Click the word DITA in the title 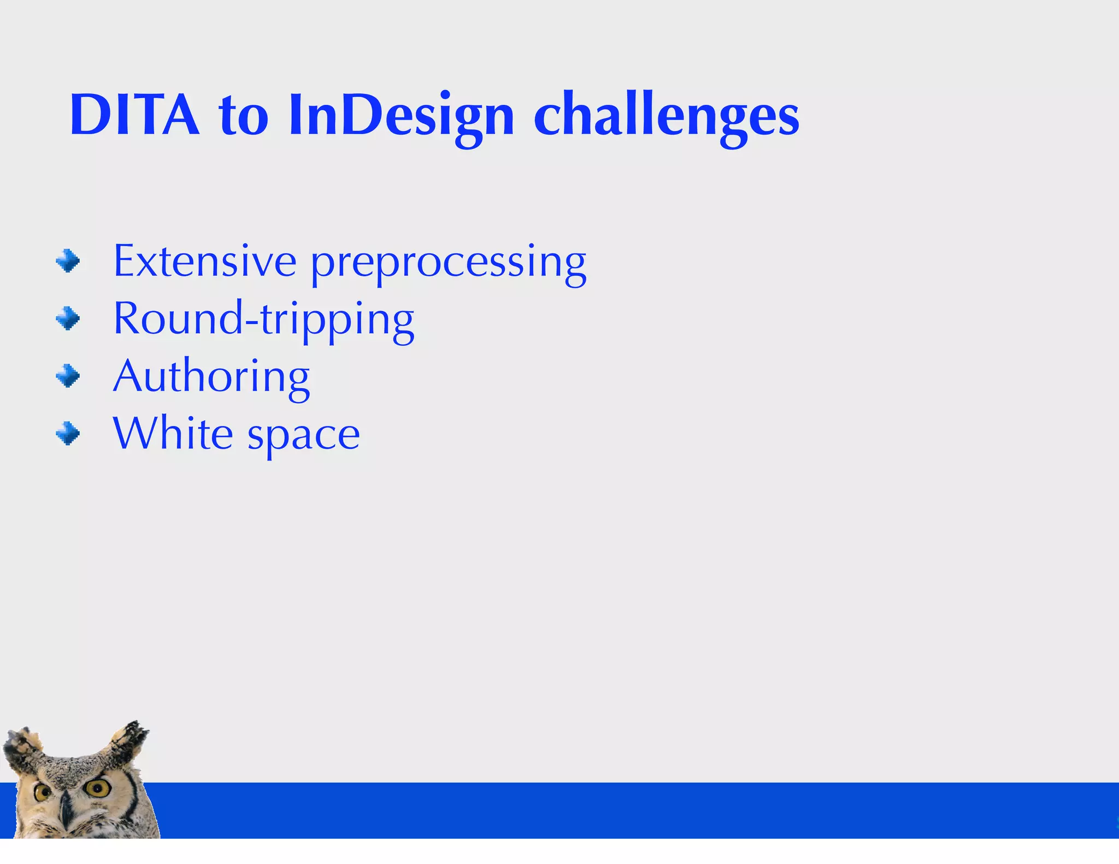point(134,115)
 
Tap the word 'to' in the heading point(244,116)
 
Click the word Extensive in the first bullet point(205,261)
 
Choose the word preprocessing point(449,263)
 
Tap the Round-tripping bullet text point(263,320)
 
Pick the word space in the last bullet point(304,436)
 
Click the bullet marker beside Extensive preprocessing point(68,261)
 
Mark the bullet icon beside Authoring point(68,376)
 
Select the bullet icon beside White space point(68,434)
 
